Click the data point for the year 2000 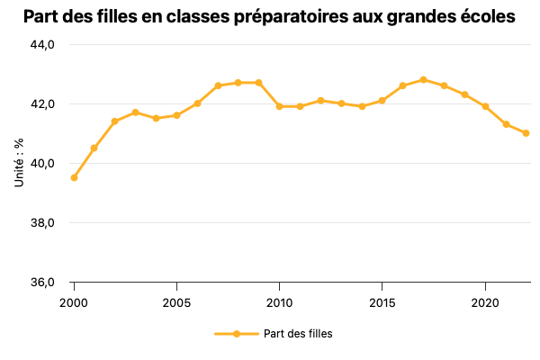click(x=74, y=177)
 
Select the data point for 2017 click(x=423, y=80)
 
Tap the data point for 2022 click(x=526, y=133)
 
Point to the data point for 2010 click(x=279, y=106)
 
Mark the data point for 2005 click(x=176, y=115)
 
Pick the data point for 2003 click(x=135, y=112)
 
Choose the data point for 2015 click(x=382, y=101)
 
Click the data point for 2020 click(x=485, y=106)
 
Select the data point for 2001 click(x=94, y=148)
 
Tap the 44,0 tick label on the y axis click(x=44, y=45)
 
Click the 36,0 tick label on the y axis click(x=44, y=283)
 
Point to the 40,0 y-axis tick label click(x=44, y=164)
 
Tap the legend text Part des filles click(x=298, y=334)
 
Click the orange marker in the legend click(x=236, y=334)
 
